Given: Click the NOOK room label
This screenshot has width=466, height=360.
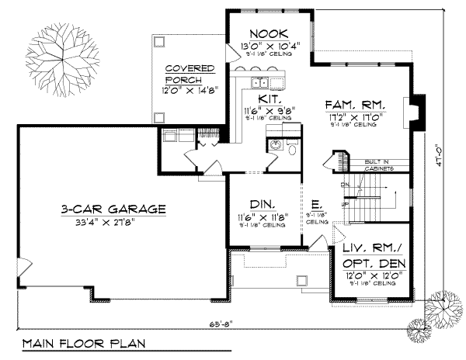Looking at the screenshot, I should tap(269, 33).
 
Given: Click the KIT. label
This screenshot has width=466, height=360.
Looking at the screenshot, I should tap(269, 100).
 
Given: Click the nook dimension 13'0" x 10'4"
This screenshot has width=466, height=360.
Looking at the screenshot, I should tap(269, 47).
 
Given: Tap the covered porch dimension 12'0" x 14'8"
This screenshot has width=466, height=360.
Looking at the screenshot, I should tap(190, 89).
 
